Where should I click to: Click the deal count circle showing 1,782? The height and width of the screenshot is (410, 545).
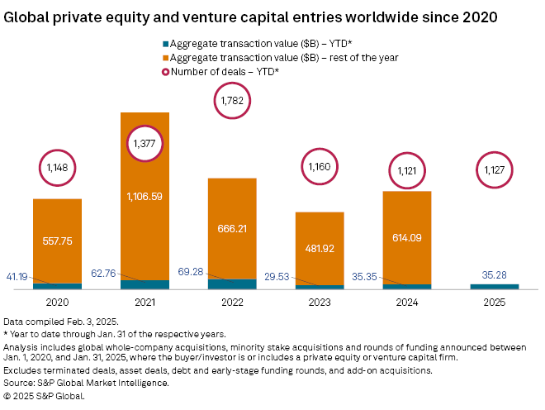coord(232,102)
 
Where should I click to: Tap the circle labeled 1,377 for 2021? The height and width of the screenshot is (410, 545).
coord(145,144)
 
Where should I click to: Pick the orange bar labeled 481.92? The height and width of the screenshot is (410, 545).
coord(320,248)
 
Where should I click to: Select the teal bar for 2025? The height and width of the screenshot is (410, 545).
coord(495,286)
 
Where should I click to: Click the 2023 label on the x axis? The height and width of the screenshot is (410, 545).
coord(320,303)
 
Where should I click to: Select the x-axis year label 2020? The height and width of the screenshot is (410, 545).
coord(57,303)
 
